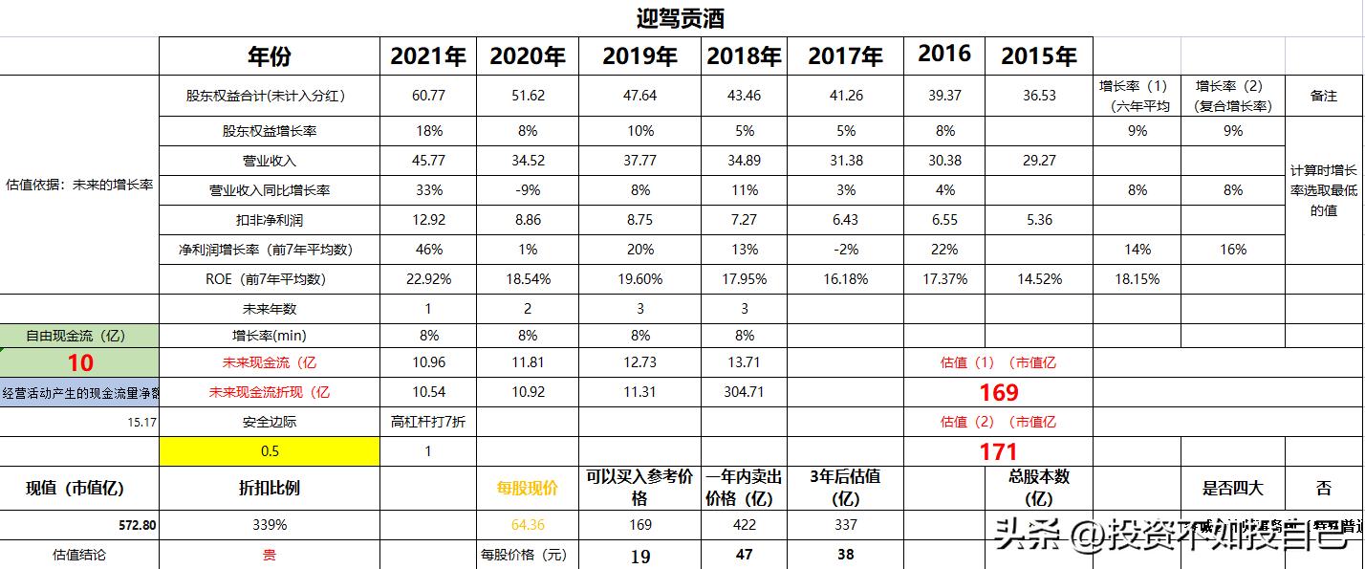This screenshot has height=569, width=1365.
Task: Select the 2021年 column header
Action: coord(428,56)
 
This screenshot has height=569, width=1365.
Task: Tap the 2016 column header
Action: coord(944,54)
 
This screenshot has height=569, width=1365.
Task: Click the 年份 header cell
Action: coord(269,56)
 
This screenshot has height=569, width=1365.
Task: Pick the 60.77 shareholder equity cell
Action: coord(428,96)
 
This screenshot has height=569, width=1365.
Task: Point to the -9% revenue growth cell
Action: coord(529,190)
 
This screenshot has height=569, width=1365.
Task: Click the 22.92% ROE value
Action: coord(428,279)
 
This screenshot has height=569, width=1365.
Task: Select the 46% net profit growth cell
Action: coord(428,250)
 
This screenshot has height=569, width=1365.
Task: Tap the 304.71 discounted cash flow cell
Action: coord(745,392)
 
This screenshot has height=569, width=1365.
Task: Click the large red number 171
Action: coord(999,451)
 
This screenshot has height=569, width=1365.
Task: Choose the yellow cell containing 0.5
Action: coord(269,451)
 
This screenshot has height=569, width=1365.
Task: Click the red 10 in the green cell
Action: coord(80,363)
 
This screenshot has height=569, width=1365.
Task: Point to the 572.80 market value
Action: coord(133,525)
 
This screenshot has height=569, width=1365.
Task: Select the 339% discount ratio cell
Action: coord(269,525)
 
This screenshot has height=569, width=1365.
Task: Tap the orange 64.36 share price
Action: coord(528,525)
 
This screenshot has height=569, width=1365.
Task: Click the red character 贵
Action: coord(269,554)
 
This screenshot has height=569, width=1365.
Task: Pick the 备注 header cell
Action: coord(1324,96)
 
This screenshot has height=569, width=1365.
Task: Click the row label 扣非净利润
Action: coord(269,220)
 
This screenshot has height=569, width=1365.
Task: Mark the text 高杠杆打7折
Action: coord(428,422)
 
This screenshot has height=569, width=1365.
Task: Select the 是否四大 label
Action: coord(1233,488)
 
